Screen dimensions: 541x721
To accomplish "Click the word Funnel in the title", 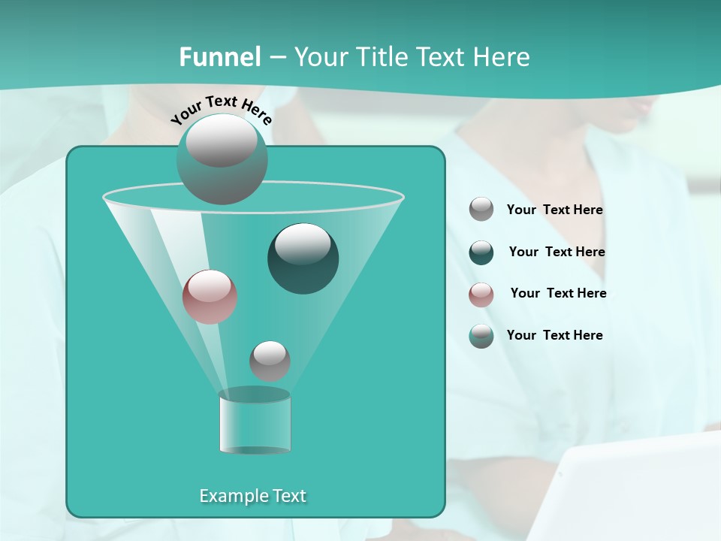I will tap(220, 57).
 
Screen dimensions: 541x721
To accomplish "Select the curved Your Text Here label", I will tap(222, 109).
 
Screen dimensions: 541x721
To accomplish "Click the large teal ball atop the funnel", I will tap(222, 159).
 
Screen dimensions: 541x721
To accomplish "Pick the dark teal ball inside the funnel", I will tap(303, 258).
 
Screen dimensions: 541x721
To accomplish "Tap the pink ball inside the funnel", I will tap(210, 297).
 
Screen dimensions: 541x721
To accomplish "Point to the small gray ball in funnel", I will tap(270, 361).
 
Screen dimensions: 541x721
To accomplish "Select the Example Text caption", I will tap(253, 496).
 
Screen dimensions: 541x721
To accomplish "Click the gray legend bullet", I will tap(481, 210).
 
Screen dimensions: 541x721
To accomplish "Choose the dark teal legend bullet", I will tap(481, 252).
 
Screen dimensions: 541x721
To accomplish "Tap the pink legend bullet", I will tap(481, 294).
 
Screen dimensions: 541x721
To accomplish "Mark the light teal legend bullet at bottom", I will tap(481, 336).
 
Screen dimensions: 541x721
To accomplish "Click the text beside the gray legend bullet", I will tap(554, 210).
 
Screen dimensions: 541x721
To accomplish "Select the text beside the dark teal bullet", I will tap(557, 252).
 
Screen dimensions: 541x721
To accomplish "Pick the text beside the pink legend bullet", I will tap(558, 294).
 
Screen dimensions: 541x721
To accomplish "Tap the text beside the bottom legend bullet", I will tap(554, 336).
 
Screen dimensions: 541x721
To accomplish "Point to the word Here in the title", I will tap(502, 57).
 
